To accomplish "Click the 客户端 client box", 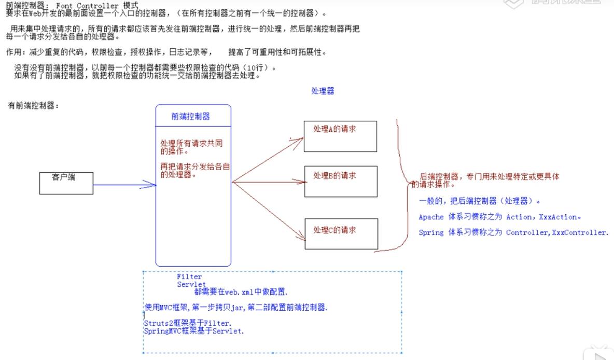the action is (66, 183).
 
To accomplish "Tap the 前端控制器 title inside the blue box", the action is (191, 117).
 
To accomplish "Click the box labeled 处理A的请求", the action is (340, 136).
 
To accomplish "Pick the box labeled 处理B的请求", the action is (340, 182).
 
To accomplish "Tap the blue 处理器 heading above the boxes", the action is (323, 91).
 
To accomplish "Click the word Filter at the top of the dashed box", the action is (189, 277).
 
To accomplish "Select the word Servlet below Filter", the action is (191, 284).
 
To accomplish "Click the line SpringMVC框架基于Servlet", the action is (194, 330).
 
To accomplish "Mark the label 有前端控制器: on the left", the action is (34, 106).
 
